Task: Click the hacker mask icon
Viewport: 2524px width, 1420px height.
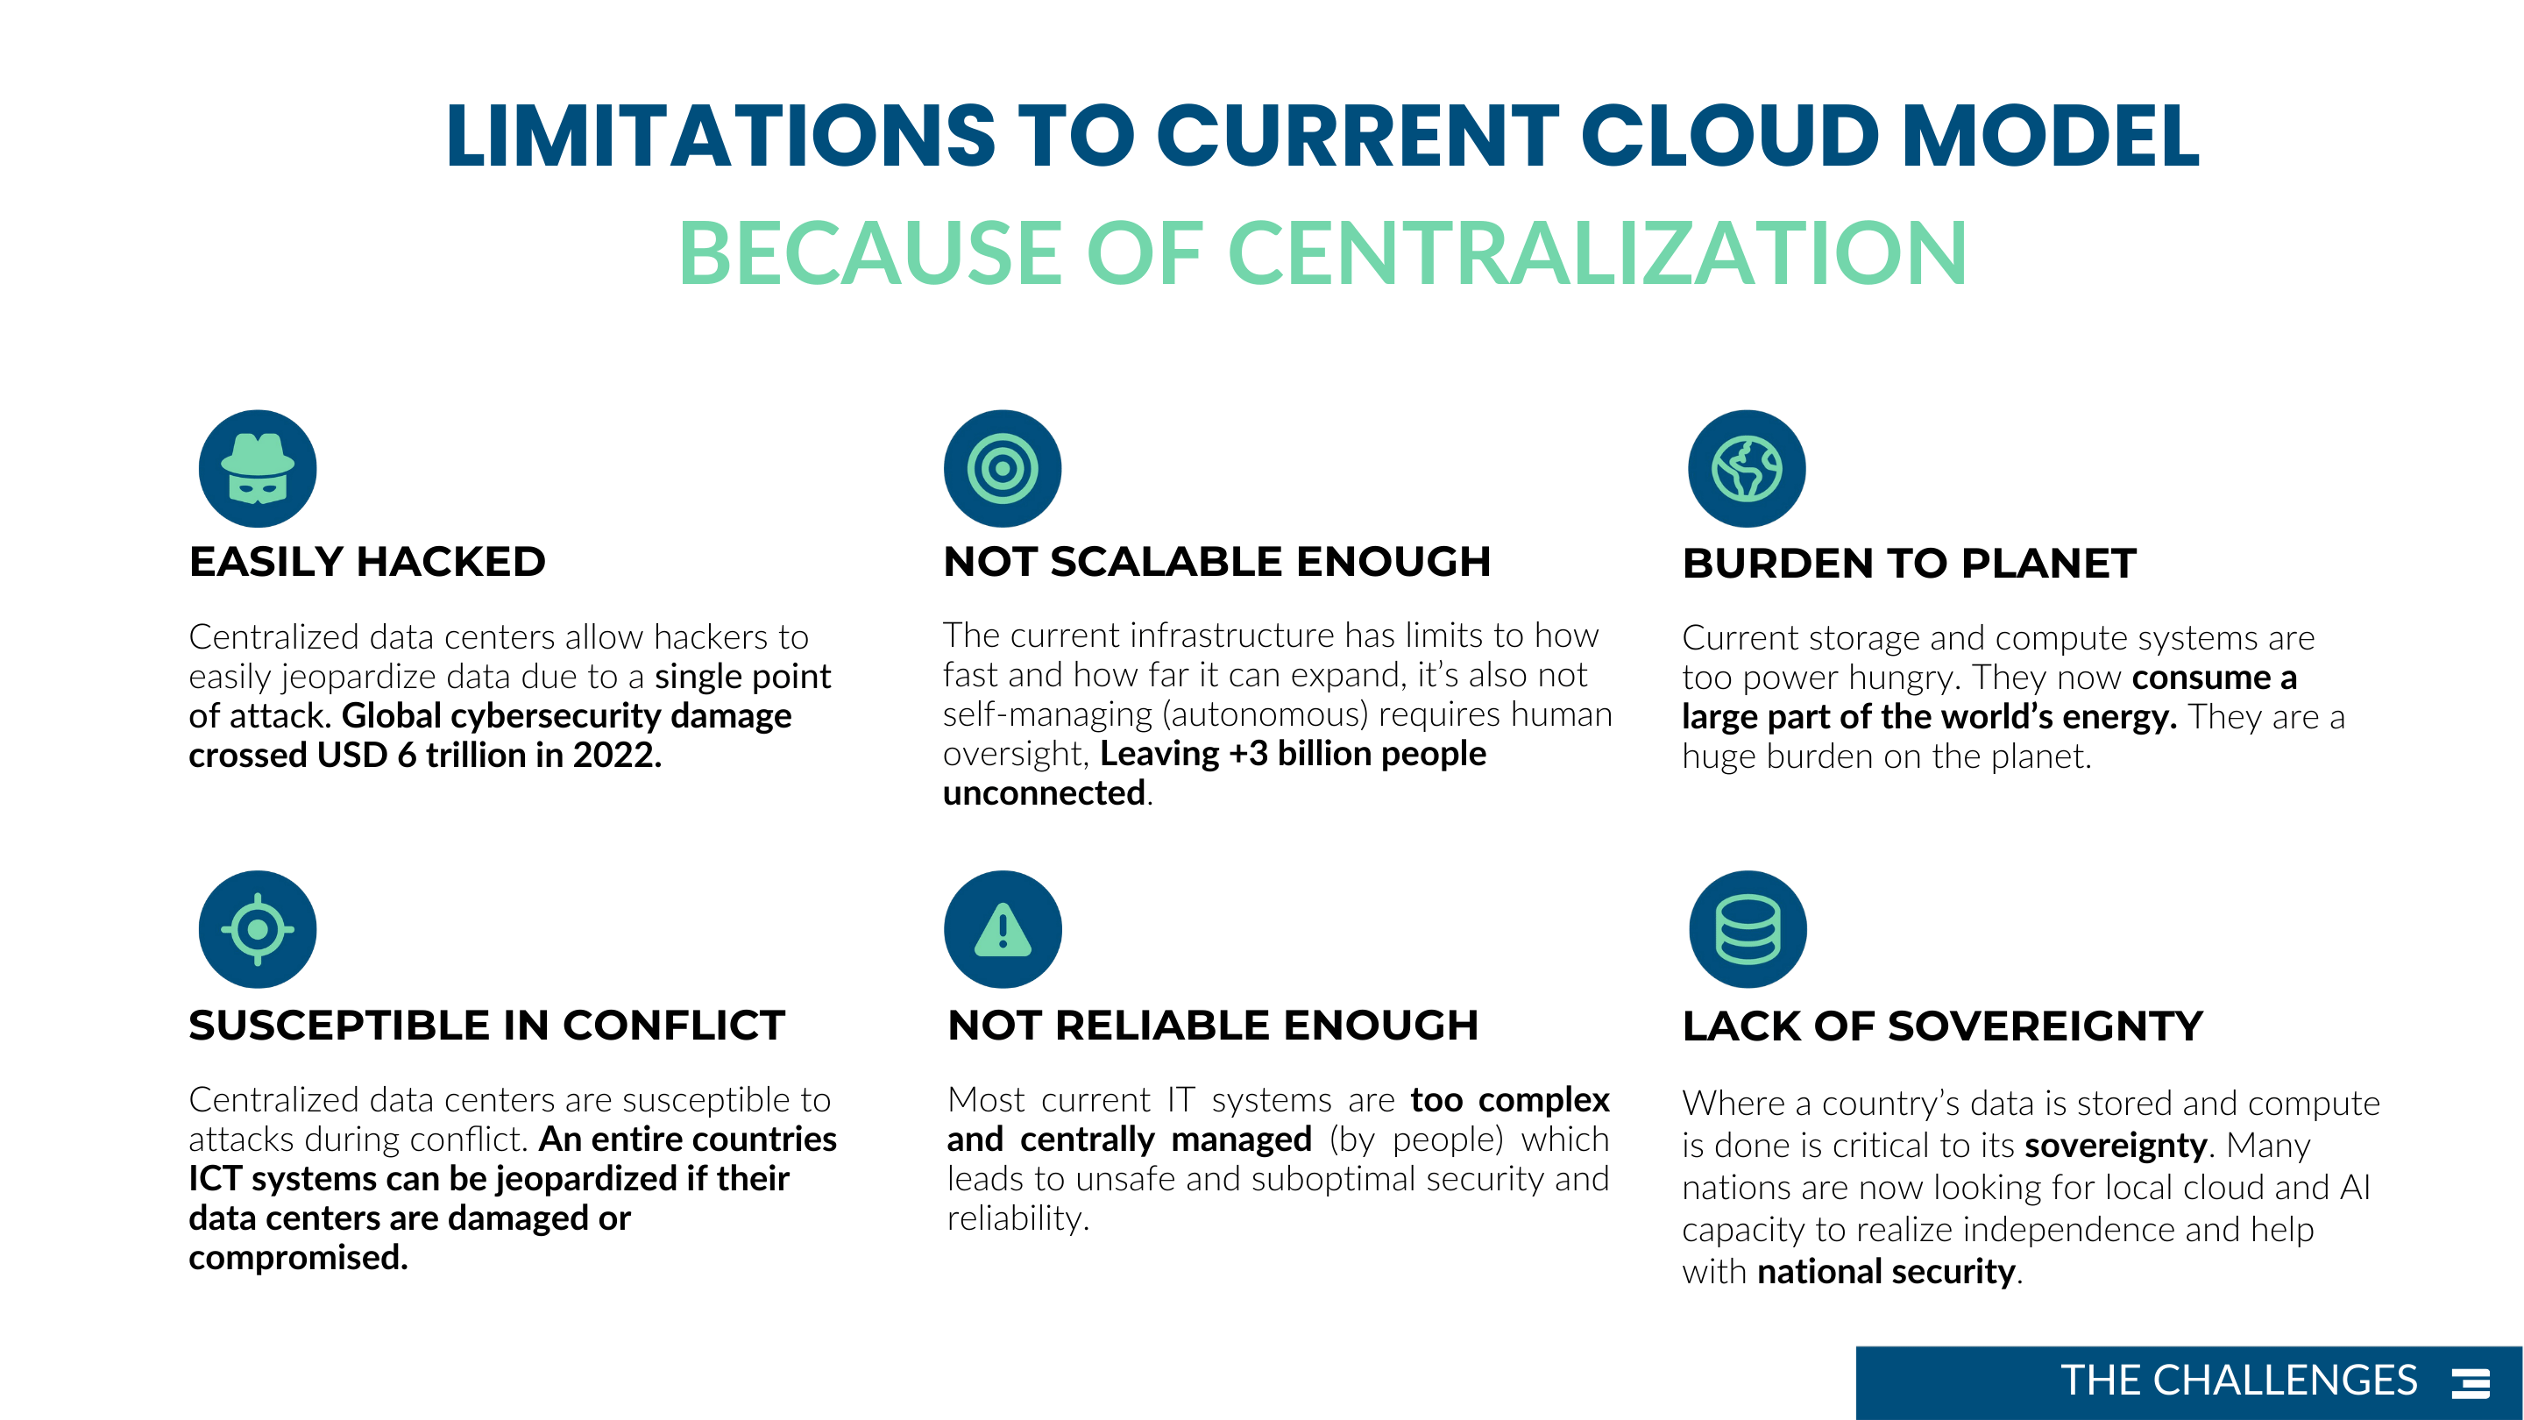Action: click(x=258, y=468)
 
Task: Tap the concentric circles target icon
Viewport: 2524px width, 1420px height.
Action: click(x=1003, y=468)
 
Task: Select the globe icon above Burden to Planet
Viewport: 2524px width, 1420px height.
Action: click(x=1747, y=468)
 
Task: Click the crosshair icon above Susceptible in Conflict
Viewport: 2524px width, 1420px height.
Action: click(x=258, y=929)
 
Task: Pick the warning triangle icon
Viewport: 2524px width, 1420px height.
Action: click(x=1003, y=929)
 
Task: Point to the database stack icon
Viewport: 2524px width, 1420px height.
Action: click(x=1748, y=929)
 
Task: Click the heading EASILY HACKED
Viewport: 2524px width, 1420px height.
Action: click(x=367, y=562)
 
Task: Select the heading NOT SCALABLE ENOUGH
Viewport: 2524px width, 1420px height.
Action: click(x=1217, y=562)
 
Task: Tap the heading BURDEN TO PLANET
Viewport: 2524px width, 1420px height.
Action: click(x=1910, y=564)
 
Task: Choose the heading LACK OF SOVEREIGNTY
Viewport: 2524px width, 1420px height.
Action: click(x=1943, y=1026)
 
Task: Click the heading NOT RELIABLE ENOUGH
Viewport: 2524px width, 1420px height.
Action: click(x=1213, y=1025)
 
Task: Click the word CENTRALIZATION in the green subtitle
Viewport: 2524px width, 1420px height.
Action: click(x=1597, y=254)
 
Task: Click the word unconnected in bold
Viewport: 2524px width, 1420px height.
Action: click(x=1045, y=792)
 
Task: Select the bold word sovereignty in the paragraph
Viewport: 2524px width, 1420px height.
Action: click(x=2116, y=1146)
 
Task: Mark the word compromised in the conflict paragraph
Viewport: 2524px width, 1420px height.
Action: click(x=297, y=1257)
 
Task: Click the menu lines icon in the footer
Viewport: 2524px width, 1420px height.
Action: click(x=2471, y=1383)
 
